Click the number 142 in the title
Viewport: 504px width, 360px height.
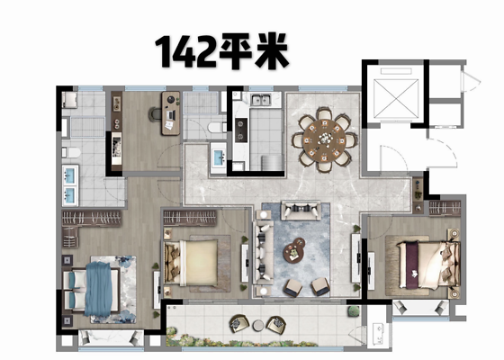pyautogui.click(x=186, y=50)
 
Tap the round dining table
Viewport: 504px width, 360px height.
pyautogui.click(x=324, y=139)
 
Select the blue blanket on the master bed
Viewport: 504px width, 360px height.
pyautogui.click(x=99, y=289)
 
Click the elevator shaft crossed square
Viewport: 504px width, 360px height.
pyautogui.click(x=396, y=98)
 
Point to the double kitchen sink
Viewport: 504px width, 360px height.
pyautogui.click(x=261, y=100)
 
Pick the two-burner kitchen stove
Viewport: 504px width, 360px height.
pyautogui.click(x=241, y=130)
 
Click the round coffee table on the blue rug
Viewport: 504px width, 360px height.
pyautogui.click(x=294, y=250)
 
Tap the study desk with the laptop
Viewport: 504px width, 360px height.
pyautogui.click(x=171, y=113)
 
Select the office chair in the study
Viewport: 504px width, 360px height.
pyautogui.click(x=155, y=114)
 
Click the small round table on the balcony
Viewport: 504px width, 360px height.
pyautogui.click(x=258, y=325)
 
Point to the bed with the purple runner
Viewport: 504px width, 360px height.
pyautogui.click(x=428, y=265)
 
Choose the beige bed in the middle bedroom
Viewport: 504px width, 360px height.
pyautogui.click(x=192, y=263)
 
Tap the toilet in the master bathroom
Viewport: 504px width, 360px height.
pyautogui.click(x=71, y=152)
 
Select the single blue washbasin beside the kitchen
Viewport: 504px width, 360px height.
pyautogui.click(x=220, y=158)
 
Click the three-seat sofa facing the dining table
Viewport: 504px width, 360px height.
pyautogui.click(x=301, y=210)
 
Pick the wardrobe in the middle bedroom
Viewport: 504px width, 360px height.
pyautogui.click(x=190, y=218)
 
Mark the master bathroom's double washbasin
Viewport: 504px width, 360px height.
pyautogui.click(x=70, y=185)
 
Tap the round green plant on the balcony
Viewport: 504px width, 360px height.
pyautogui.click(x=354, y=311)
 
